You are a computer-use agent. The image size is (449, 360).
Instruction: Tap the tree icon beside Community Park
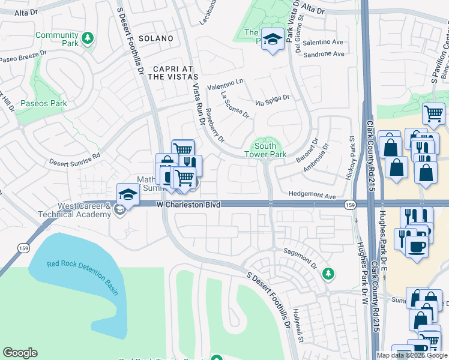point(88,38)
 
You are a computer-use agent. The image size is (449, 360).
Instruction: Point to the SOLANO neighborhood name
point(155,38)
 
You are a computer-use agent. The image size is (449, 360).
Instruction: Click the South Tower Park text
point(265,150)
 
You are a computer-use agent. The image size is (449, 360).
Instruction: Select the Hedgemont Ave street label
point(312,195)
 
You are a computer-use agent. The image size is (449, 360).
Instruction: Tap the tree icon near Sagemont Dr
point(328,274)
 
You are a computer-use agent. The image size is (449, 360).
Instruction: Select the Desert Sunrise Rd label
point(74,160)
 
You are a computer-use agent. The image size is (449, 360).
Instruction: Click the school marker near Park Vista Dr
point(273,38)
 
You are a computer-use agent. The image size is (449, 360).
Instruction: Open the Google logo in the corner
point(20,353)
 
